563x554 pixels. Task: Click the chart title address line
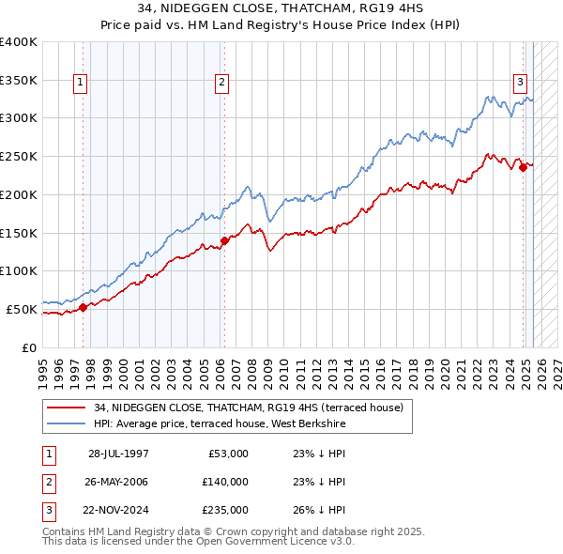click(x=281, y=8)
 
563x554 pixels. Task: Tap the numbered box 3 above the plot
click(x=519, y=81)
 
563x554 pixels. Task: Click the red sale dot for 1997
click(x=83, y=306)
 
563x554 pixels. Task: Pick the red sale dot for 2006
click(x=224, y=240)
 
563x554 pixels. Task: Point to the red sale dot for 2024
click(x=523, y=169)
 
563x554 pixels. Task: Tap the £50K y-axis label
click(x=23, y=309)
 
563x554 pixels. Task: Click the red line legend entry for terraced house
click(x=249, y=408)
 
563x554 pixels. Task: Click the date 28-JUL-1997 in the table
click(x=118, y=454)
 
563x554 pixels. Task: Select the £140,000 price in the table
click(x=226, y=482)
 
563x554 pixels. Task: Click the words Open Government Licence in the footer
click(x=281, y=542)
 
